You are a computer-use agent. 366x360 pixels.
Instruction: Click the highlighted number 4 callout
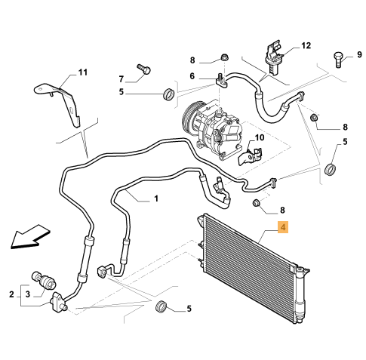[x=283, y=227]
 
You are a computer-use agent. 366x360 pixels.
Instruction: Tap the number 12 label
[x=306, y=45]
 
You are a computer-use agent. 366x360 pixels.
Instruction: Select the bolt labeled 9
[x=338, y=60]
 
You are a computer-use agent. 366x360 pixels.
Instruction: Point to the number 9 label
[x=359, y=54]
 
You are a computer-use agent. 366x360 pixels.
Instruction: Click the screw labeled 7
[x=143, y=69]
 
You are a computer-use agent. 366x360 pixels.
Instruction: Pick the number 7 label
[x=121, y=79]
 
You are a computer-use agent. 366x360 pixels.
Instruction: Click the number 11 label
[x=83, y=72]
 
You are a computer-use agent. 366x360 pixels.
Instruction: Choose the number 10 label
[x=260, y=137]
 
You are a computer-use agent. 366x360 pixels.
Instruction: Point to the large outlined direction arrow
[x=29, y=236]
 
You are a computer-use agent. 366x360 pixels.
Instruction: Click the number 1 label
[x=156, y=198]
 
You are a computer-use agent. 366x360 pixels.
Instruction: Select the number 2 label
[x=11, y=294]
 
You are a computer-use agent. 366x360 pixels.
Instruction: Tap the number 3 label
[x=28, y=294]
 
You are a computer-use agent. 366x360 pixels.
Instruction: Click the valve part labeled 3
[x=44, y=280]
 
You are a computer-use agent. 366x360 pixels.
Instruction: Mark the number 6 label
[x=192, y=76]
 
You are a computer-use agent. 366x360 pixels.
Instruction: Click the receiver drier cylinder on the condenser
[x=300, y=295]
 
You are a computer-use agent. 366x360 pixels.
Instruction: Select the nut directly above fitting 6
[x=224, y=57]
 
